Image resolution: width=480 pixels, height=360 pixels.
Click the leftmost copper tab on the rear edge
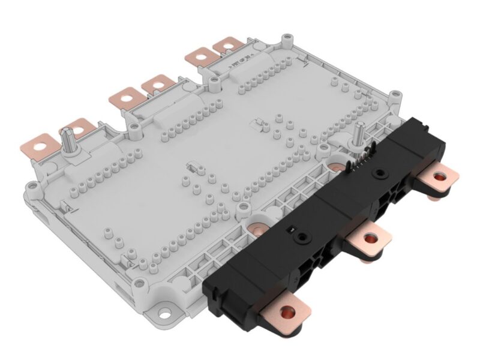(37, 144)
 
